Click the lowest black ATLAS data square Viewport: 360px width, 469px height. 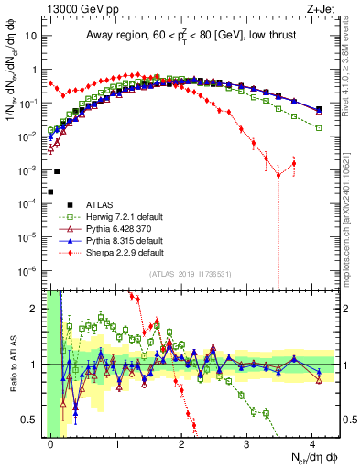click(x=50, y=191)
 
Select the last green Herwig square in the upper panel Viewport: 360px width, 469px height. click(x=319, y=127)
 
